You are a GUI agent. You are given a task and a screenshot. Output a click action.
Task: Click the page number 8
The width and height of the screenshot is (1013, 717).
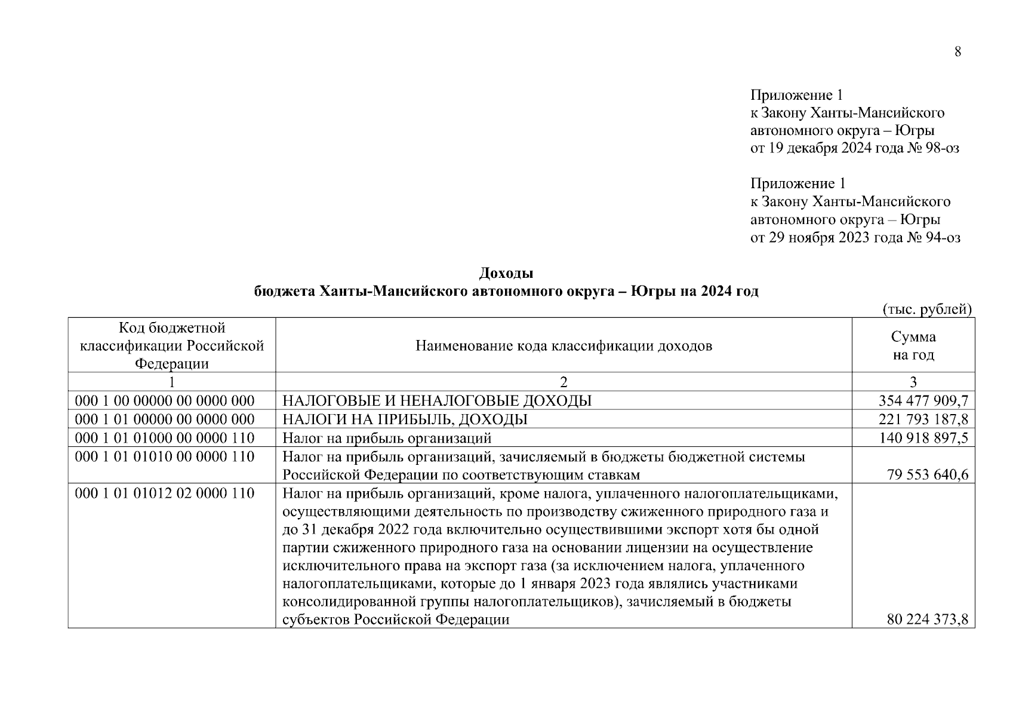(957, 52)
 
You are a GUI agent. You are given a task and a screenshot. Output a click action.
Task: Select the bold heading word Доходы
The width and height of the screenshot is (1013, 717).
(506, 274)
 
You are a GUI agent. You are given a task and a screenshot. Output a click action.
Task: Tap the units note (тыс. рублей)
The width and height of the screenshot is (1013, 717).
(927, 310)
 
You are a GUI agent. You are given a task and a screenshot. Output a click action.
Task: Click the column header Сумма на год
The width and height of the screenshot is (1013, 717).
(913, 345)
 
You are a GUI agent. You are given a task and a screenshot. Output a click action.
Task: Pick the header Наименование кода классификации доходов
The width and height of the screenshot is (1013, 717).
(564, 346)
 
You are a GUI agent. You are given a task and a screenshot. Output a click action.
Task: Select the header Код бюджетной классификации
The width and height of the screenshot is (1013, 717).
(172, 345)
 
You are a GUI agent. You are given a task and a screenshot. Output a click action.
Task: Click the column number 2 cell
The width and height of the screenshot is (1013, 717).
(564, 382)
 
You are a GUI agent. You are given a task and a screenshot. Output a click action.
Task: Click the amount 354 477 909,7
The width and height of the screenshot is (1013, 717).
(923, 400)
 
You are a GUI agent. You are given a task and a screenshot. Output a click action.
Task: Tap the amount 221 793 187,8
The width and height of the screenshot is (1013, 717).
(923, 419)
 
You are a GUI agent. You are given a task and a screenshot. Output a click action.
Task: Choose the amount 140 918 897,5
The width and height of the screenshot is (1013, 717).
(923, 439)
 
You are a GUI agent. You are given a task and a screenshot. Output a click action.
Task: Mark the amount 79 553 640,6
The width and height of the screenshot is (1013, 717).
(928, 475)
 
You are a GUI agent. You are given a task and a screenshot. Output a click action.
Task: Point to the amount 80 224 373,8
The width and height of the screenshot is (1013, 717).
(928, 620)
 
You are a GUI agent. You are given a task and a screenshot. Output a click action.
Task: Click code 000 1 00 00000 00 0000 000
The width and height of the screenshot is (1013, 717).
(165, 400)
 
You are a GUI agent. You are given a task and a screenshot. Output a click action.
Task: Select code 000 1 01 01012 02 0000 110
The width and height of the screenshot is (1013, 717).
(165, 494)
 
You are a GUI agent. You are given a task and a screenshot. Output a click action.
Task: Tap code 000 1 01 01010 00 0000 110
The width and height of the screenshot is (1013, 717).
(165, 457)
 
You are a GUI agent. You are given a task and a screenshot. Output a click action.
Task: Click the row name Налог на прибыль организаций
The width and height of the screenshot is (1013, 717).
(386, 439)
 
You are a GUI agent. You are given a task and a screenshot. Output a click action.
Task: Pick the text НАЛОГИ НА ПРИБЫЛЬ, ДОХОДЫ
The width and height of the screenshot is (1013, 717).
(405, 419)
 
